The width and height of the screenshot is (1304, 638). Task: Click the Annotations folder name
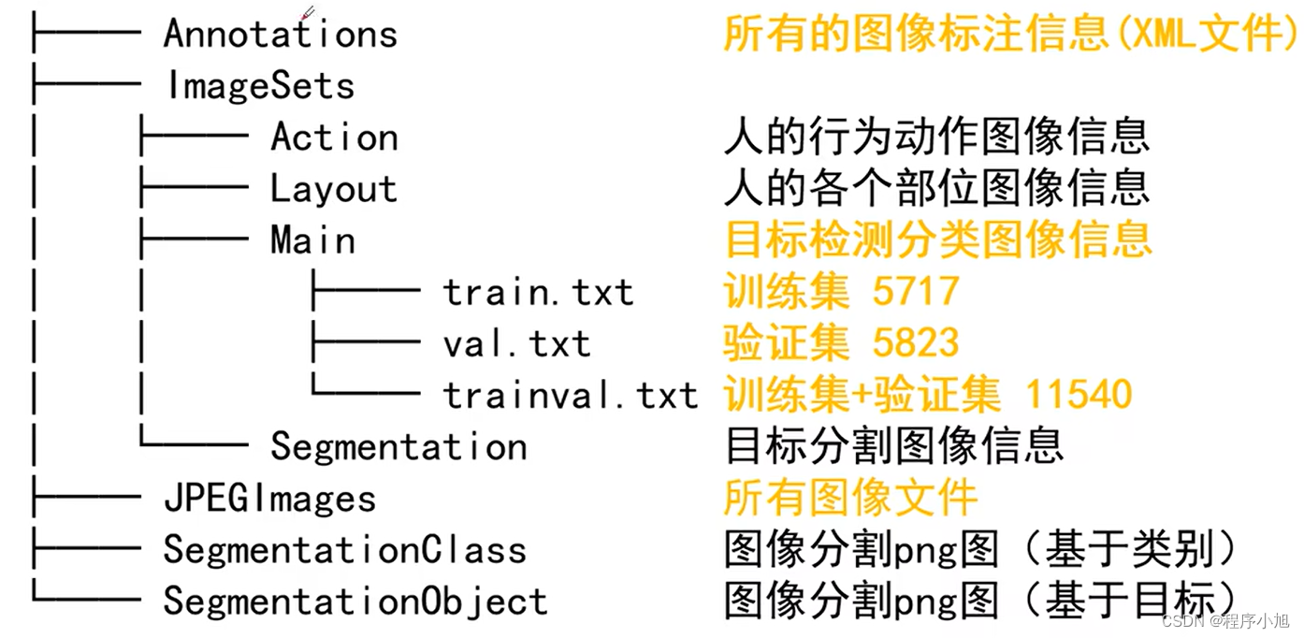click(x=280, y=35)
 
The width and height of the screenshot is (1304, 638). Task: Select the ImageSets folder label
click(x=260, y=86)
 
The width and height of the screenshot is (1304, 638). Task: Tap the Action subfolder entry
click(x=334, y=138)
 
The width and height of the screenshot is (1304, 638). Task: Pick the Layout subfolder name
click(x=334, y=189)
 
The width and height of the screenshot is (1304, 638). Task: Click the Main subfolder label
click(x=312, y=240)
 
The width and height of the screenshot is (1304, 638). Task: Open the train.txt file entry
click(x=538, y=293)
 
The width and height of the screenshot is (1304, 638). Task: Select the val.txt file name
click(x=516, y=344)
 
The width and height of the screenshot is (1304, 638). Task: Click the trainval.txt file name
click(x=571, y=396)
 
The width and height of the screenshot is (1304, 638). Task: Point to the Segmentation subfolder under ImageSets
click(x=398, y=446)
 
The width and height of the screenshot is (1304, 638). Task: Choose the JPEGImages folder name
click(x=269, y=498)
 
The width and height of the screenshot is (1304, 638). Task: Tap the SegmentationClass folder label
click(x=344, y=549)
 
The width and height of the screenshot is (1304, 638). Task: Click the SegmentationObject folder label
click(x=355, y=601)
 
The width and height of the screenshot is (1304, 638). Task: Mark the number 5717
click(x=916, y=292)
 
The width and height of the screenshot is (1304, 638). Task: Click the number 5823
click(x=916, y=343)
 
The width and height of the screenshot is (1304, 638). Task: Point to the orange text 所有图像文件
click(x=850, y=498)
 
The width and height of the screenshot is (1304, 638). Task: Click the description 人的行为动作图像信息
click(x=936, y=138)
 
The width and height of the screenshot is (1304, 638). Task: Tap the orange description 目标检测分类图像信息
click(x=937, y=240)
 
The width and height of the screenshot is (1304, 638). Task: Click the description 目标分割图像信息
click(x=894, y=446)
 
